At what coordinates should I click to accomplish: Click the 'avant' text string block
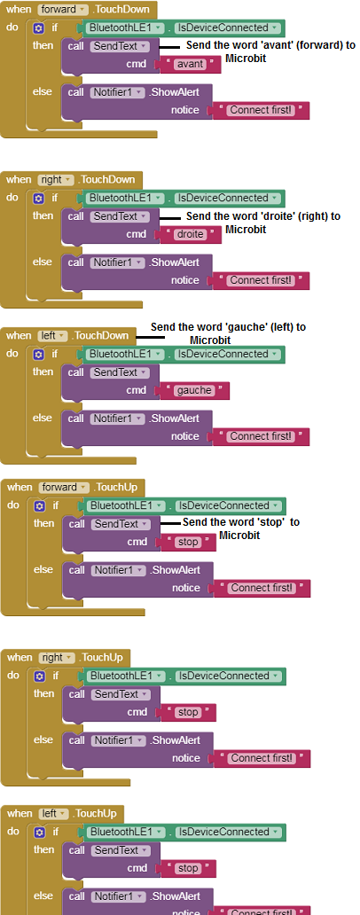point(191,64)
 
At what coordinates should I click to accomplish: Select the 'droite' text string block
point(191,235)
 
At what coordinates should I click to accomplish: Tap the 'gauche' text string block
point(194,390)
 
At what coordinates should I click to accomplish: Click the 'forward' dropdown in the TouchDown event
point(63,10)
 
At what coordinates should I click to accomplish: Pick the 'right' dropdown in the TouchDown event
point(56,180)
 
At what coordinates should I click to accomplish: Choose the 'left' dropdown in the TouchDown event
point(52,335)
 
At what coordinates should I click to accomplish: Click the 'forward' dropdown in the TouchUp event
point(64,488)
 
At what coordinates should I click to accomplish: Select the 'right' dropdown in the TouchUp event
point(57,658)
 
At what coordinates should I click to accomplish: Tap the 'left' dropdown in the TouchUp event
point(54,813)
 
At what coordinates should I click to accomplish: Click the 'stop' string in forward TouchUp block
point(188,542)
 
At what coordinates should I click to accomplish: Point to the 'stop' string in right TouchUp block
point(188,713)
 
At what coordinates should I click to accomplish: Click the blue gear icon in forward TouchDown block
point(38,28)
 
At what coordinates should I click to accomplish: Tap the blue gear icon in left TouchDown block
point(38,355)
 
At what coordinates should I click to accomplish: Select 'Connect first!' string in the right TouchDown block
point(261,281)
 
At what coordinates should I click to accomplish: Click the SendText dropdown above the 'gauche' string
point(120,372)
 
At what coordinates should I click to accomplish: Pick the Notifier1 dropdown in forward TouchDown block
point(117,92)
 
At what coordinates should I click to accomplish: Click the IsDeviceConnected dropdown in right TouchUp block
point(229,676)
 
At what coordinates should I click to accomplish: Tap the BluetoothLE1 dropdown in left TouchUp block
point(126,833)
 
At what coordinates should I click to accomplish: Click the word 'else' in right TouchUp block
point(43,740)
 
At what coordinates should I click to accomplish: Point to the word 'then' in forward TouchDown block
point(43,45)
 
